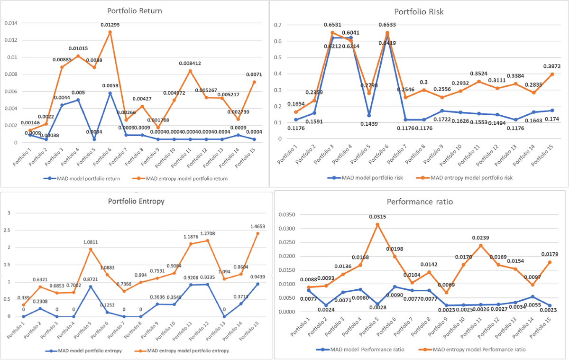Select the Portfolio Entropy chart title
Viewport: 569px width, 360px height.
coord(136,201)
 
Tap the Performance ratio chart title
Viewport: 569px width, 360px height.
coord(420,202)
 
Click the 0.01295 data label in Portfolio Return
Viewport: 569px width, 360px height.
coord(110,24)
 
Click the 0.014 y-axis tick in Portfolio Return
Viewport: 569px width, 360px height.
coord(10,23)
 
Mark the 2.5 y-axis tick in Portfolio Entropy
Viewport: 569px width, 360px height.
coord(8,230)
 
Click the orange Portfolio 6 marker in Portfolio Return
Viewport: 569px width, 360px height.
coord(110,32)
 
